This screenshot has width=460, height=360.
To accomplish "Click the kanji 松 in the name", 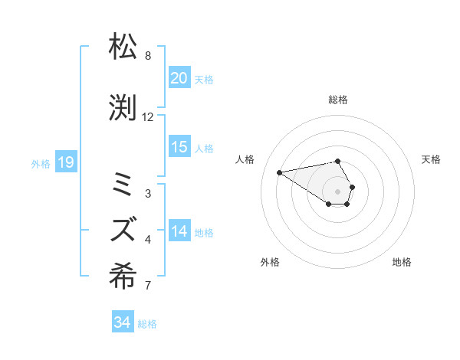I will click(x=124, y=47).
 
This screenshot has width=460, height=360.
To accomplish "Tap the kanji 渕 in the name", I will click(x=124, y=109).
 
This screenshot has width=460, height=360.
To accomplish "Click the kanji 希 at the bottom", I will click(x=124, y=275).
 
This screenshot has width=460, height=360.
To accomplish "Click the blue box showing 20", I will click(x=179, y=78).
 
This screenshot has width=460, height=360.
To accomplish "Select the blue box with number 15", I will click(x=179, y=147).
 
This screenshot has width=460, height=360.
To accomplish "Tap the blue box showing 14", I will click(x=179, y=231).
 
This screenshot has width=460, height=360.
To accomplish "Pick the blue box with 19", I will click(x=65, y=162).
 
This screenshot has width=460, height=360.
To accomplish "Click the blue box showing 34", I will click(x=122, y=322).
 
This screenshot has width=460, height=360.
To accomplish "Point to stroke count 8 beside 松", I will click(x=148, y=56).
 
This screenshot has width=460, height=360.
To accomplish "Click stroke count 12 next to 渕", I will click(x=148, y=117).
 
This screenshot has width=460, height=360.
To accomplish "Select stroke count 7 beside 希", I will click(x=148, y=286).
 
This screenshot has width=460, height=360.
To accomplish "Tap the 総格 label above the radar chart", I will click(x=337, y=100).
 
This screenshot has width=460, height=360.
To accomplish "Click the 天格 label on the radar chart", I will click(x=431, y=159).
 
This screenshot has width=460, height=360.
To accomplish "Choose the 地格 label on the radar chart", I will click(x=402, y=263).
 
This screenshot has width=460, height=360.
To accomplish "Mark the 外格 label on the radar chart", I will click(x=270, y=263).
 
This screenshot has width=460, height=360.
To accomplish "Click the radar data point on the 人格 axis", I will click(x=280, y=172).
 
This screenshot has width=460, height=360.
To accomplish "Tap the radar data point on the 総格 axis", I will click(x=337, y=161).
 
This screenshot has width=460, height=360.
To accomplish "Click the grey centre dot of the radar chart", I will click(x=337, y=191).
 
